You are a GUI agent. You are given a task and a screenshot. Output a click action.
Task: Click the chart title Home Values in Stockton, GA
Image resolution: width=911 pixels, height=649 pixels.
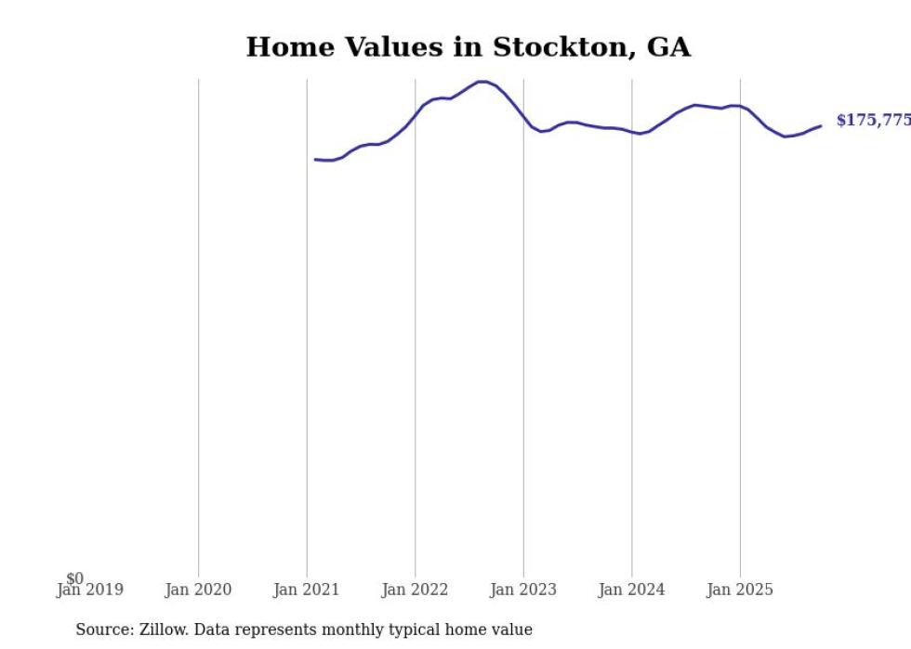468,47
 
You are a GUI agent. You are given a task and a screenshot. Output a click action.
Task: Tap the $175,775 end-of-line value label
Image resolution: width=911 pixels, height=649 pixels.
873,121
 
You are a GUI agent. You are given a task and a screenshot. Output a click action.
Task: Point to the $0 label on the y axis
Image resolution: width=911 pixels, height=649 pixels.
75,578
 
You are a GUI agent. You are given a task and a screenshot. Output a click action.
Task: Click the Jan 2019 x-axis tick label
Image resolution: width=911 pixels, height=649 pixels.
89,590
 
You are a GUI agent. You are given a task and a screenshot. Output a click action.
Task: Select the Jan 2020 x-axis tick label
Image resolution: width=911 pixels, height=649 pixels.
198,590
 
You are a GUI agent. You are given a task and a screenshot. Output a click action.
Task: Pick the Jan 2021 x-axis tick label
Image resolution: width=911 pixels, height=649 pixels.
307,590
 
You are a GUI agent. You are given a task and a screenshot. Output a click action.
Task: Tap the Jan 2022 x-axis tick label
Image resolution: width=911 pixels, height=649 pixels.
415,590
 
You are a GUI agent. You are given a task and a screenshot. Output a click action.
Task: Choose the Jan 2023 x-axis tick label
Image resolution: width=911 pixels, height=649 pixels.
523,590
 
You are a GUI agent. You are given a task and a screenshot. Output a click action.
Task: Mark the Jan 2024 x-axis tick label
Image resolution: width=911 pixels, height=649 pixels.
632,590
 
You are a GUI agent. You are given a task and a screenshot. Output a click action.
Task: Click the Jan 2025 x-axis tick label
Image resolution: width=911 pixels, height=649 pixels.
740,590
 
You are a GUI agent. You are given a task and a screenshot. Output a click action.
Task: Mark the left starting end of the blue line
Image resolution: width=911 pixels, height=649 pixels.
316,160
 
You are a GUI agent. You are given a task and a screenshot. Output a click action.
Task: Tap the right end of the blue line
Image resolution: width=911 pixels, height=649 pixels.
820,125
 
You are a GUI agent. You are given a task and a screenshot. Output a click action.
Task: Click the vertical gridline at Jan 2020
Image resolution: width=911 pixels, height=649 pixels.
198,325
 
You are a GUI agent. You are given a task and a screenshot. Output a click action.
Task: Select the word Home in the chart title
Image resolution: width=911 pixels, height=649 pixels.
284,47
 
